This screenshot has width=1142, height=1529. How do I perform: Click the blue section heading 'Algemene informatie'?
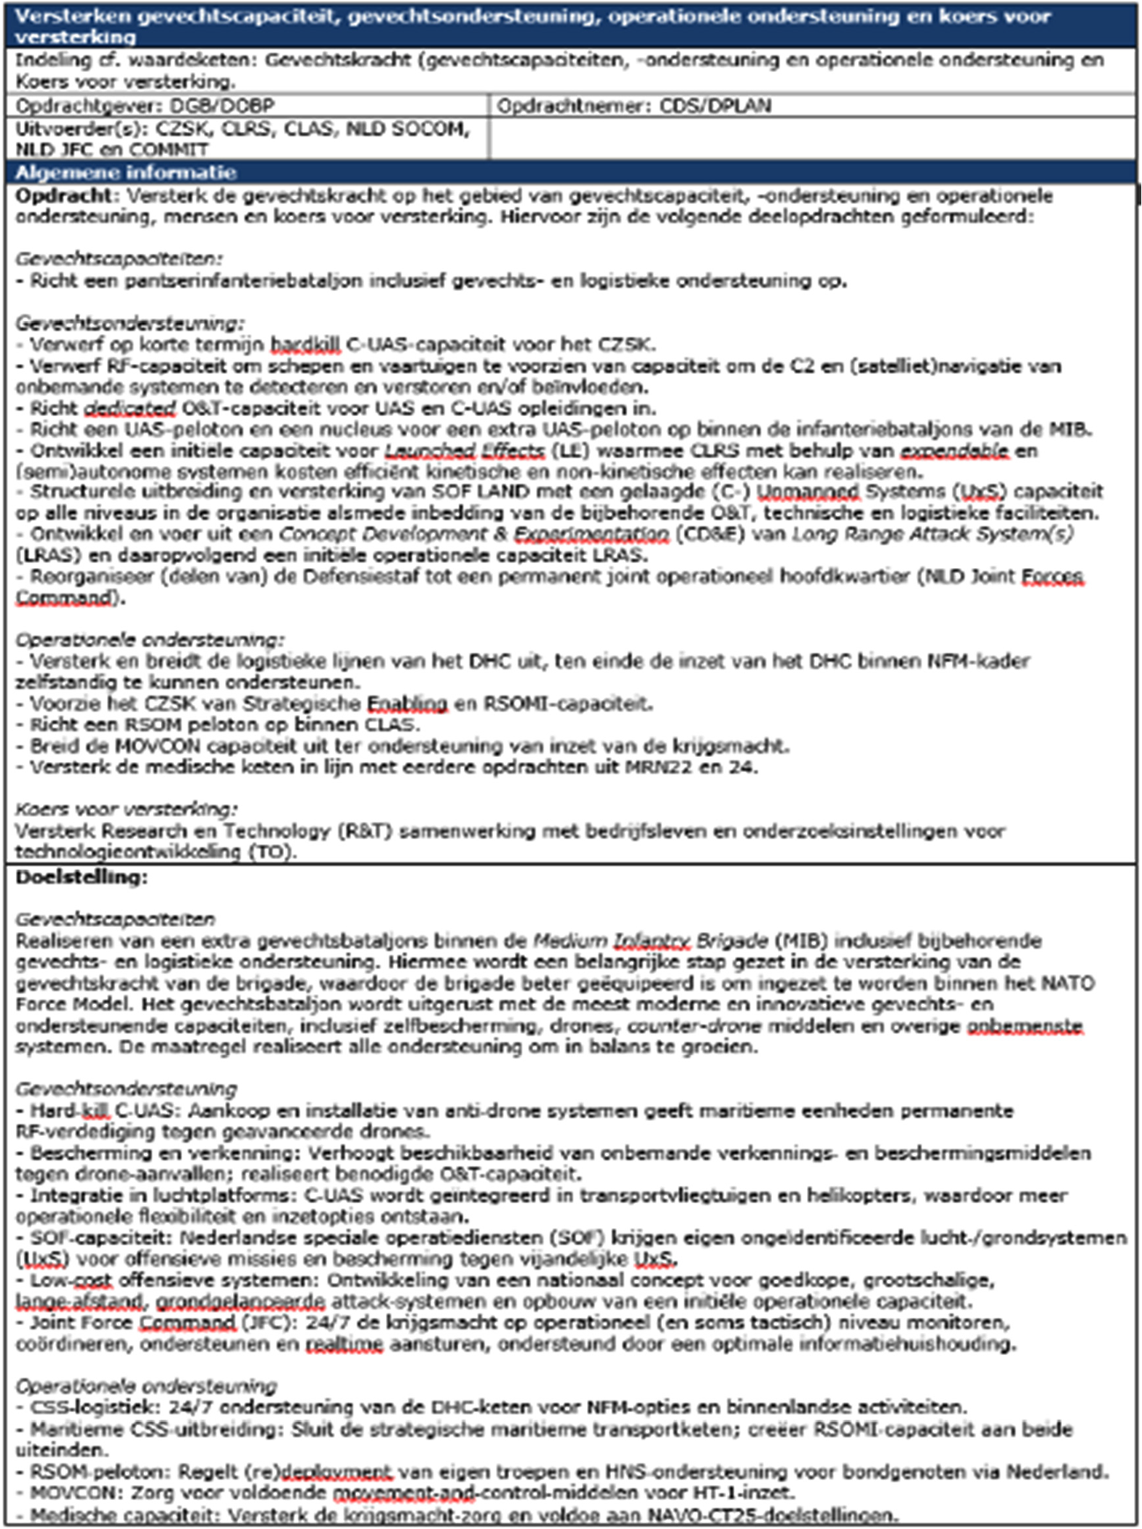(x=126, y=172)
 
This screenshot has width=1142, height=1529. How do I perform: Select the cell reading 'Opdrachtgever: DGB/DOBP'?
(x=145, y=106)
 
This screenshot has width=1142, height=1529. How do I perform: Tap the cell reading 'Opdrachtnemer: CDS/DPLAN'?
(x=634, y=106)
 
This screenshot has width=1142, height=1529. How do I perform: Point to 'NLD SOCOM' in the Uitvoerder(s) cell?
(x=408, y=129)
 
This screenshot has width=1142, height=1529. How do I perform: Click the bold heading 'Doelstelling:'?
(x=82, y=877)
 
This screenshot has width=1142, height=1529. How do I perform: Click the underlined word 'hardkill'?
(x=304, y=345)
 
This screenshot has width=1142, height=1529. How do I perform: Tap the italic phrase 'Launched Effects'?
(x=465, y=451)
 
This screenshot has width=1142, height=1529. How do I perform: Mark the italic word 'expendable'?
(x=954, y=451)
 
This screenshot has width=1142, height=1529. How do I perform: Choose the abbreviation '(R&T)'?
(x=364, y=831)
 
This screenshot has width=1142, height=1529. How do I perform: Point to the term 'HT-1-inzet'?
(x=744, y=1493)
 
